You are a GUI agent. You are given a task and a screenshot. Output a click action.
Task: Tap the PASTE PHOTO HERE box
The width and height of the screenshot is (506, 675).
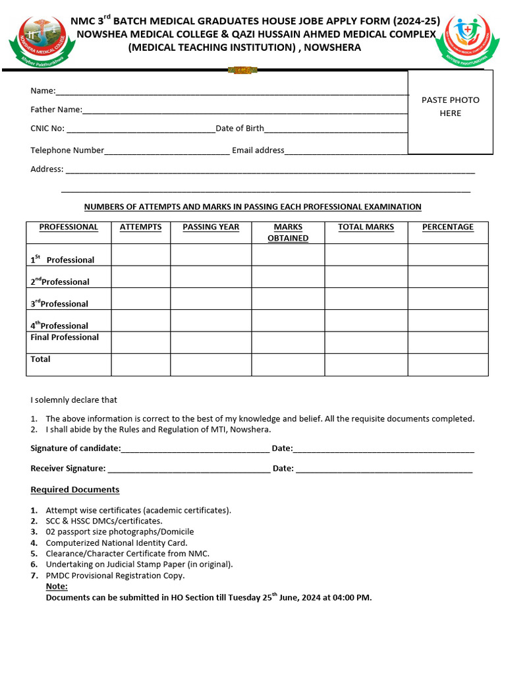450,112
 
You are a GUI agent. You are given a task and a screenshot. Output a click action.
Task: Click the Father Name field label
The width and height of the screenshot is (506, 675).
56,110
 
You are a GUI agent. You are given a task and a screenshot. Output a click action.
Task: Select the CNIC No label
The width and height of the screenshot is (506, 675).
47,129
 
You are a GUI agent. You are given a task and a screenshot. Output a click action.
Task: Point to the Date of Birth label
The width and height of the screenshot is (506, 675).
240,129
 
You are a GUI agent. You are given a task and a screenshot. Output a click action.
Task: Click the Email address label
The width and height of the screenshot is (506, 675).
258,150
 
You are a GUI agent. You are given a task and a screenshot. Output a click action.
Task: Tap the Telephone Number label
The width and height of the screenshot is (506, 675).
67,150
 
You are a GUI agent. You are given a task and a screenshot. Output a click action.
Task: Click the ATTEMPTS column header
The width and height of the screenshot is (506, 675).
140,227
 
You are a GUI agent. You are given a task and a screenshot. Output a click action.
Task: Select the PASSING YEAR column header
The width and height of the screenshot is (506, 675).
211,227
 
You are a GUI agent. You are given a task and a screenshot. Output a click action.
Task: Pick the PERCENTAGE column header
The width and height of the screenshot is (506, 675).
447,227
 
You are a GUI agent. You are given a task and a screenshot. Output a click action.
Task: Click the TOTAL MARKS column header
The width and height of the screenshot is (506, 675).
366,227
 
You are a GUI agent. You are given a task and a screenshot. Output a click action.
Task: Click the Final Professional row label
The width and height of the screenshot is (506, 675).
65,337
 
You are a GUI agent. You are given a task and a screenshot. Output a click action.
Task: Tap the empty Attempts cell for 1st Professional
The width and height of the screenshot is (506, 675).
140,255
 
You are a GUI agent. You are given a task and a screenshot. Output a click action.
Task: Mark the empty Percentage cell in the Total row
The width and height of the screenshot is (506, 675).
447,364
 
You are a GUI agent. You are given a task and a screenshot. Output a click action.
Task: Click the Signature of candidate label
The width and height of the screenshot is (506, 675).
76,448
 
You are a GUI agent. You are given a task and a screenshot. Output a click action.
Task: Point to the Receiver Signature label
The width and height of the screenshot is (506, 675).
68,469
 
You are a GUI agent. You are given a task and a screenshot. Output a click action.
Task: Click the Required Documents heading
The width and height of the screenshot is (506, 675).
75,490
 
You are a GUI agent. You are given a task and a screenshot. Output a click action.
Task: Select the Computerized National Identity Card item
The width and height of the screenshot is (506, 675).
117,543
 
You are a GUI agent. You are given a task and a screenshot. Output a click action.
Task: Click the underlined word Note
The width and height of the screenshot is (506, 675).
57,587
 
